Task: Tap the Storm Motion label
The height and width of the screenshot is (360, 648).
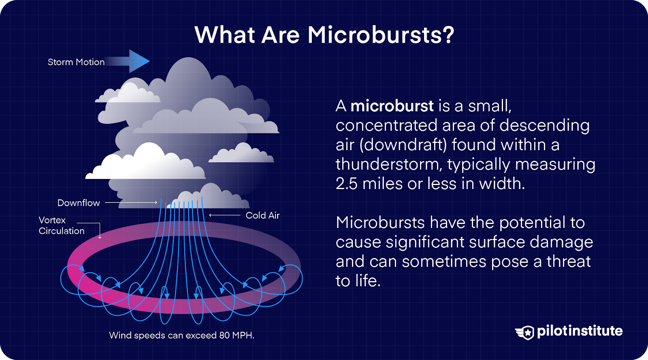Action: (76, 62)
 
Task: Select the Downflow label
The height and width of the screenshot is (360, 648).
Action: (79, 203)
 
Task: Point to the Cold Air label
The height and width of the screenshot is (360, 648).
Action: (263, 215)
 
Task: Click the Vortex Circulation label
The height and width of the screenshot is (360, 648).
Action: (62, 226)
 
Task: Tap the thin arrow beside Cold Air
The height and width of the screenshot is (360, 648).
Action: (225, 215)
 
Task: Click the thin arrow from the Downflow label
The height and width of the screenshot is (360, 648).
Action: (131, 202)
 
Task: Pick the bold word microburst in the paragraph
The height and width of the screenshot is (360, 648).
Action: (392, 106)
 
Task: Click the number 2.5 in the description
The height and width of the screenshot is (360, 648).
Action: (346, 183)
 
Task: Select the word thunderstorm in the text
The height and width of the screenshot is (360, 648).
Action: (388, 164)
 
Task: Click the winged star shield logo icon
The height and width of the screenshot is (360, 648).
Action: (525, 332)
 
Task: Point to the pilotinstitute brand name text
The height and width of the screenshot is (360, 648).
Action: (580, 331)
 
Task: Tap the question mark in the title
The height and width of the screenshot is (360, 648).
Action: (449, 35)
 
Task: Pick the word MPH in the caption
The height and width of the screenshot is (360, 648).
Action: (243, 335)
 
